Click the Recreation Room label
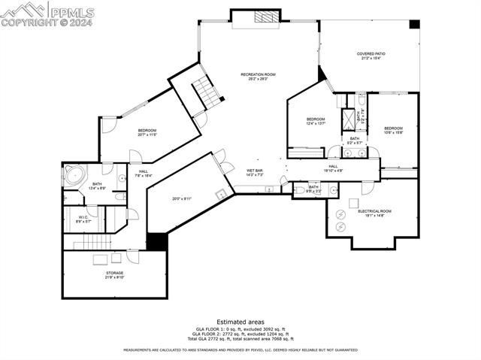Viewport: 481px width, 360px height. (x=258, y=76)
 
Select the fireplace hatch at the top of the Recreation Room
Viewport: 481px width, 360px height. (x=265, y=18)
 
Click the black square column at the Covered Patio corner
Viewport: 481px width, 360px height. (x=414, y=24)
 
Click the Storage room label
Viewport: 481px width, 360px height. (x=114, y=275)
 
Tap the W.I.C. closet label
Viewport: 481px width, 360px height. (x=83, y=220)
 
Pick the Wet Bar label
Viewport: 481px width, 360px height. (x=255, y=172)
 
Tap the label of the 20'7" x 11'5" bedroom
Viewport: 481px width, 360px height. (x=147, y=132)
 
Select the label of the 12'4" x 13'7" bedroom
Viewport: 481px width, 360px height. (x=315, y=122)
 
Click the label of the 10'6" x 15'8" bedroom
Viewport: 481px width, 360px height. (x=393, y=130)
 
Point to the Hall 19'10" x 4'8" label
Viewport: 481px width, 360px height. (x=333, y=168)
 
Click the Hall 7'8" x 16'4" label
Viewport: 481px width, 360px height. (x=143, y=173)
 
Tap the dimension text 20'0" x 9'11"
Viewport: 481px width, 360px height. (x=182, y=199)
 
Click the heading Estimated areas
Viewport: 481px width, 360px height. (x=240, y=321)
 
